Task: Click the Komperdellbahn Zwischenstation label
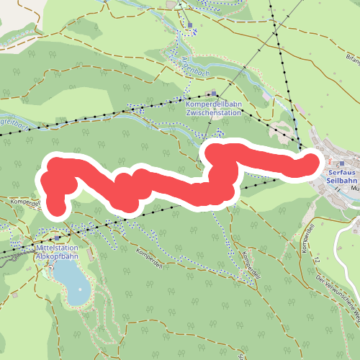[x=214, y=108]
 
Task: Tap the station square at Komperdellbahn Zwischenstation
[x=212, y=94]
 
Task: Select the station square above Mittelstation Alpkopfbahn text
[x=57, y=238]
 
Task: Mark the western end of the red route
[x=57, y=208]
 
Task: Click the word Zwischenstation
[x=214, y=112]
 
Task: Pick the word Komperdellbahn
[x=214, y=104]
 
